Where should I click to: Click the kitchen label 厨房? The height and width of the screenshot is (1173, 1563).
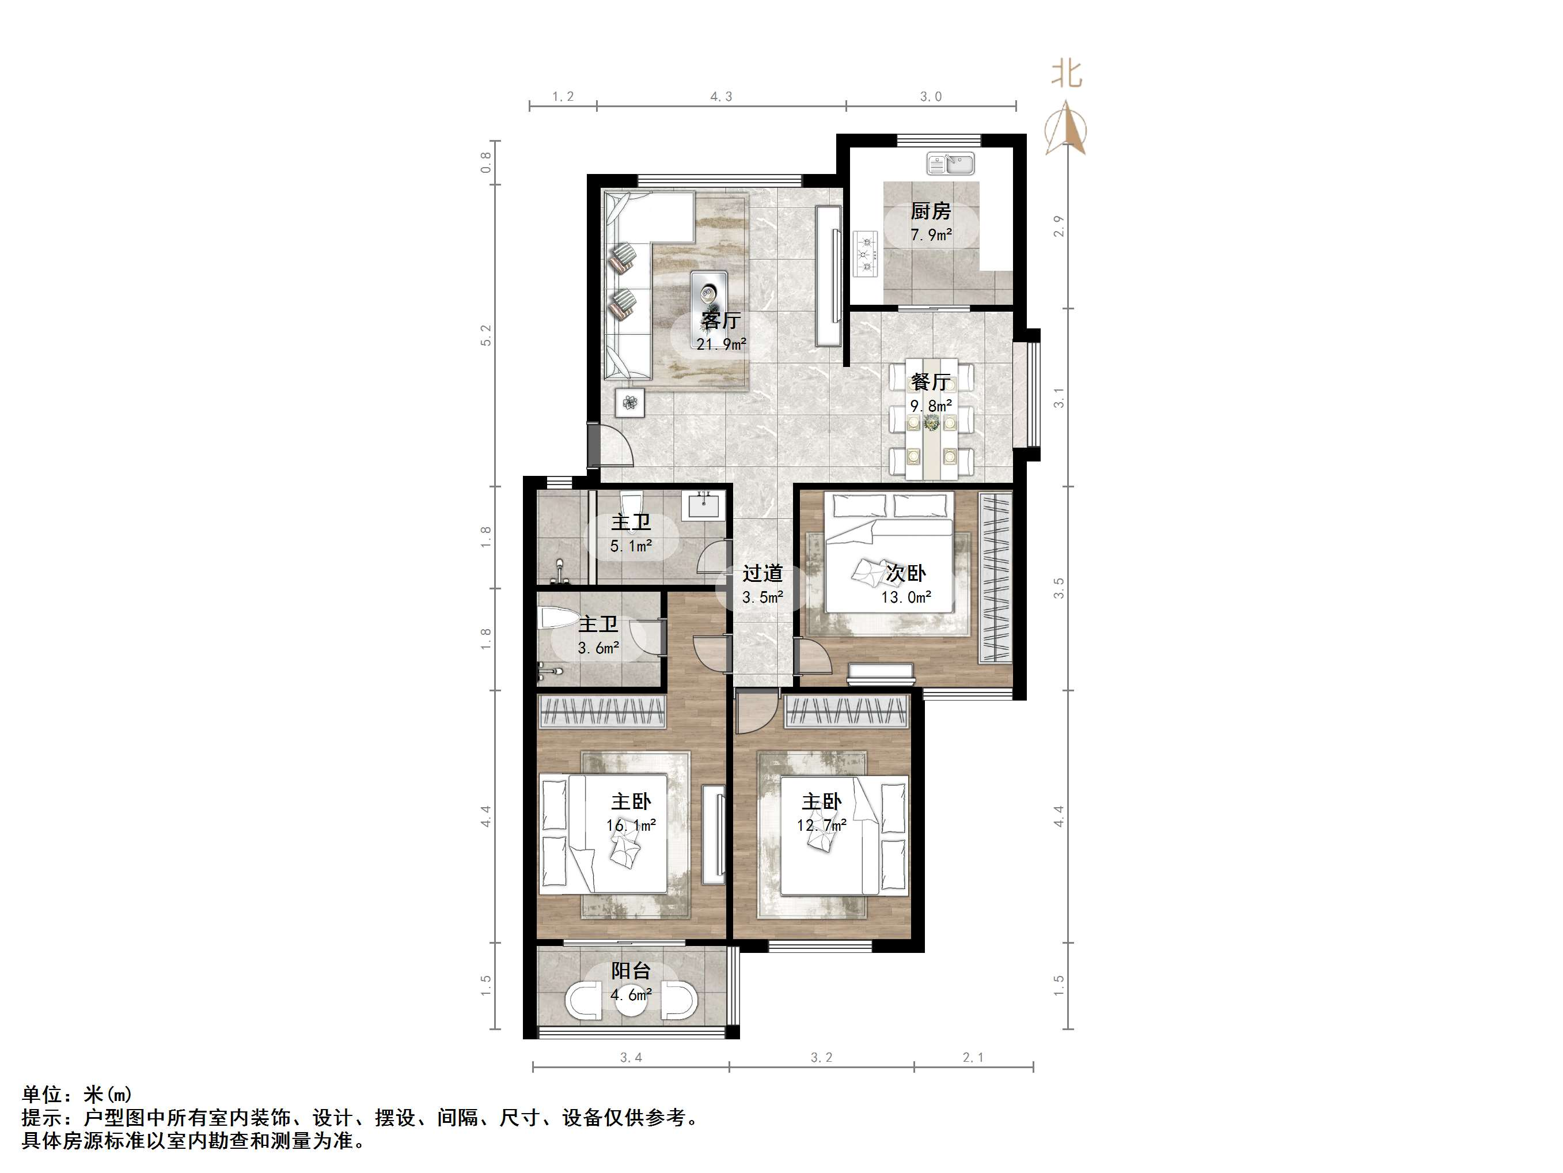[x=931, y=211]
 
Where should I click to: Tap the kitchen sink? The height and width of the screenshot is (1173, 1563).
[x=950, y=164]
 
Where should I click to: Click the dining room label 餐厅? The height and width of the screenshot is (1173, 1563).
[x=931, y=382]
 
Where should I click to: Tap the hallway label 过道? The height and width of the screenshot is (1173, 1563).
[x=762, y=573]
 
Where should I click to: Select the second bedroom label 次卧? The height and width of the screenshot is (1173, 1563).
[x=906, y=573]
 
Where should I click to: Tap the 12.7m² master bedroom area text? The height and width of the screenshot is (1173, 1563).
[x=822, y=825]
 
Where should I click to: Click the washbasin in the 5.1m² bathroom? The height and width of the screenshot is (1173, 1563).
[x=704, y=507]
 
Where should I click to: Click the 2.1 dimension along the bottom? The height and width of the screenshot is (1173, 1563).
[x=973, y=1058]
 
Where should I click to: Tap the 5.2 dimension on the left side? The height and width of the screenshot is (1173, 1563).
[x=485, y=335]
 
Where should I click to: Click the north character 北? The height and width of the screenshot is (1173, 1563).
[x=1066, y=74]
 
